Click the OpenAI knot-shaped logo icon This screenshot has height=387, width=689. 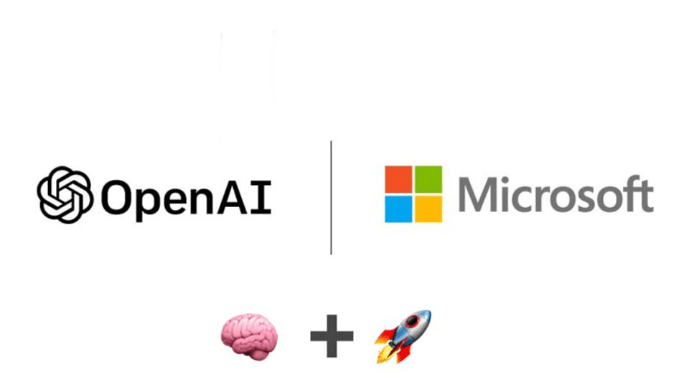(65, 194)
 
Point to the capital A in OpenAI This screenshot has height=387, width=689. (235, 195)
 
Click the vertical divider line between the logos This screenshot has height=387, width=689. (331, 197)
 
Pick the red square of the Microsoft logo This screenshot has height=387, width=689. (398, 178)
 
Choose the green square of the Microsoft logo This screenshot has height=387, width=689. (428, 178)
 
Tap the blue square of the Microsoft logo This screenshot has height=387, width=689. (398, 209)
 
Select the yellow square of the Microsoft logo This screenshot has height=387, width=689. (428, 209)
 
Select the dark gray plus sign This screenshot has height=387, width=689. (332, 334)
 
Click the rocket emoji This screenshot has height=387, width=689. (403, 335)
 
